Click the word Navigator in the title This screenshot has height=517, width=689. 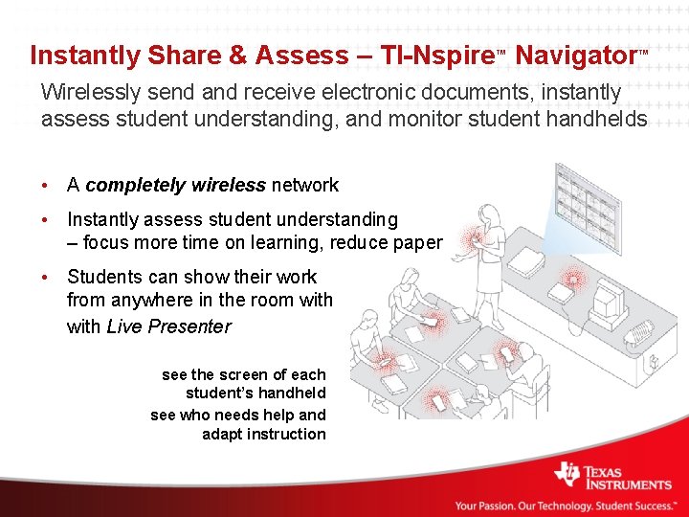click(575, 56)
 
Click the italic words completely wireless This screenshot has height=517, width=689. click(176, 185)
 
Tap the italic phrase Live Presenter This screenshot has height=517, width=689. click(168, 326)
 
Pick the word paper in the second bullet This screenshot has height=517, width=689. click(417, 242)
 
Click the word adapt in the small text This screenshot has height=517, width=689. click(223, 434)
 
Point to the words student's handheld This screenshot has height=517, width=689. click(256, 393)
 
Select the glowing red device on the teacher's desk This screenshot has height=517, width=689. click(572, 279)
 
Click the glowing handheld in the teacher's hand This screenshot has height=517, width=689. click(472, 237)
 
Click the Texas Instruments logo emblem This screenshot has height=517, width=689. click(567, 476)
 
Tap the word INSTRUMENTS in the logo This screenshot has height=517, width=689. click(629, 484)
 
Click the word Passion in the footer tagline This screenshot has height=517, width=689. click(501, 506)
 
